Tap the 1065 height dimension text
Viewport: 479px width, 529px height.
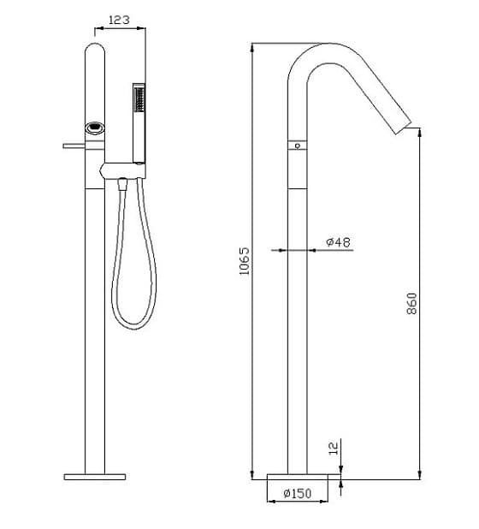coord(244,262)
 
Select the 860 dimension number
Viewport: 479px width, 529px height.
coord(411,304)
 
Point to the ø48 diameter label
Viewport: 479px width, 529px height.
coord(339,243)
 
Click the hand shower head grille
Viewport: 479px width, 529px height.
coord(137,101)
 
